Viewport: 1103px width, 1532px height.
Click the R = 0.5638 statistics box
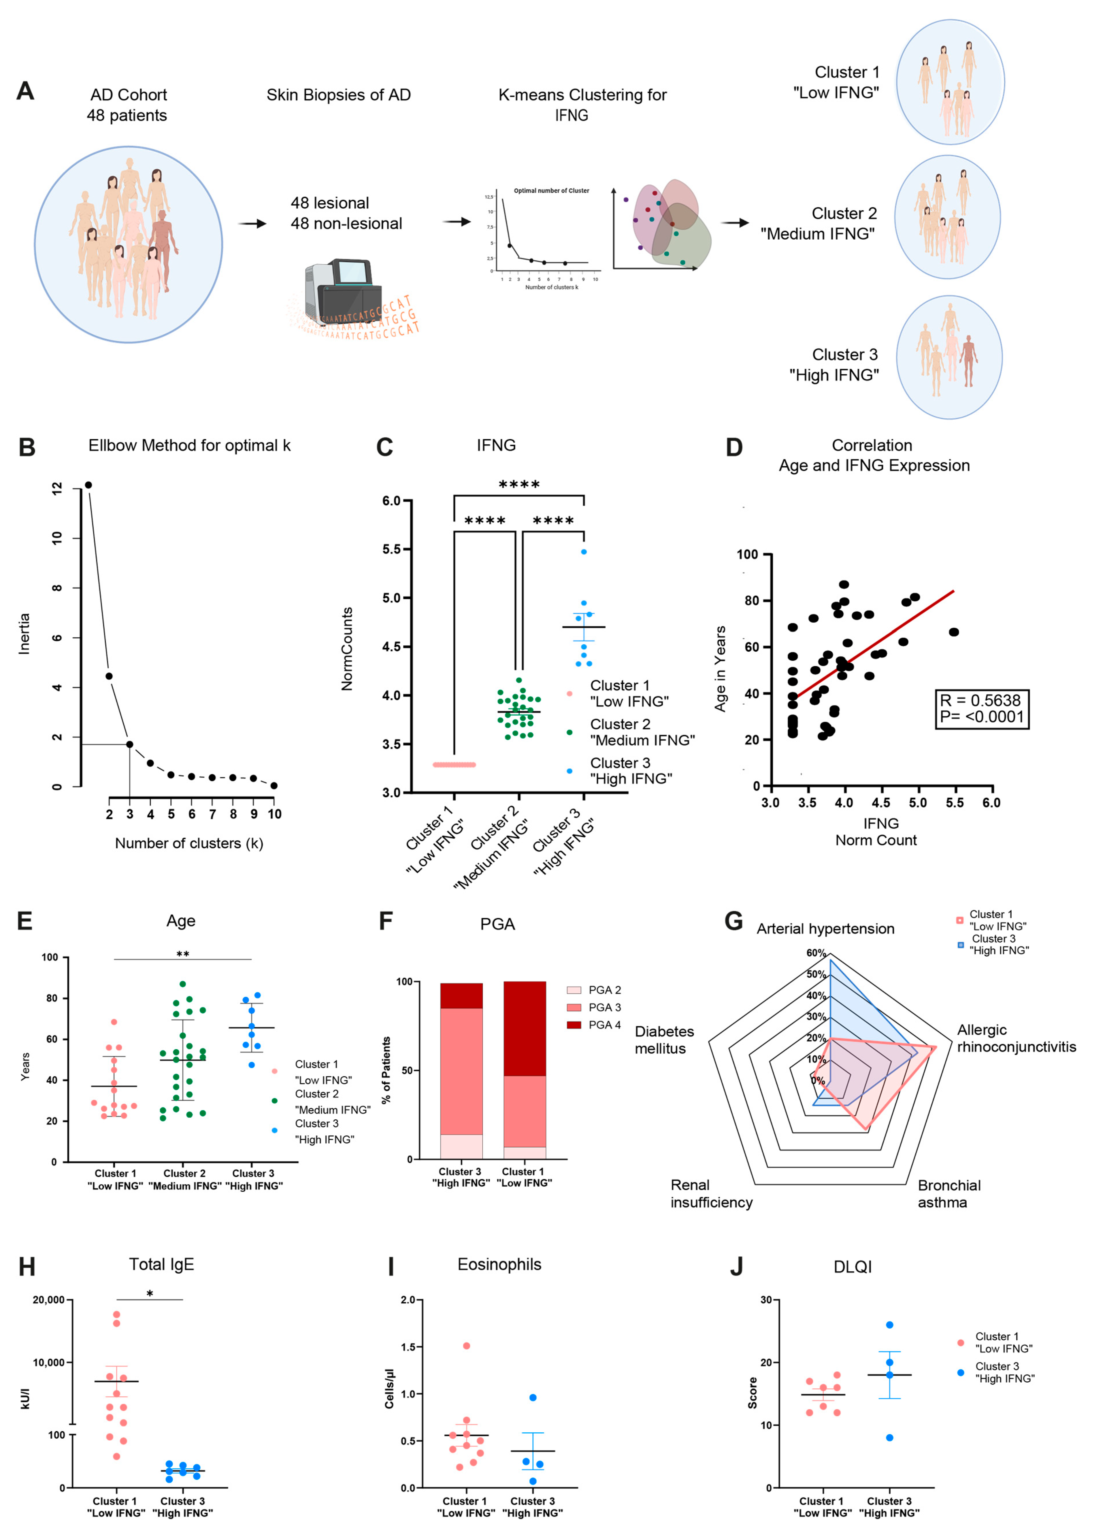tap(981, 709)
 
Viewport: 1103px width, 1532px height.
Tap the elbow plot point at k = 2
tap(109, 676)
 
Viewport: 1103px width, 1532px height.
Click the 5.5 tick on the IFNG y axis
tap(391, 549)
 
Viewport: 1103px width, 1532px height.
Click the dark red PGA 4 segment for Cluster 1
tap(525, 1028)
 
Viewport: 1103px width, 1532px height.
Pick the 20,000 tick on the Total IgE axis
tap(49, 1300)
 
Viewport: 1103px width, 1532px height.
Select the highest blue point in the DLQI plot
tap(889, 1325)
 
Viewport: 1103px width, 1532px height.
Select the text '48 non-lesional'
tap(346, 223)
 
